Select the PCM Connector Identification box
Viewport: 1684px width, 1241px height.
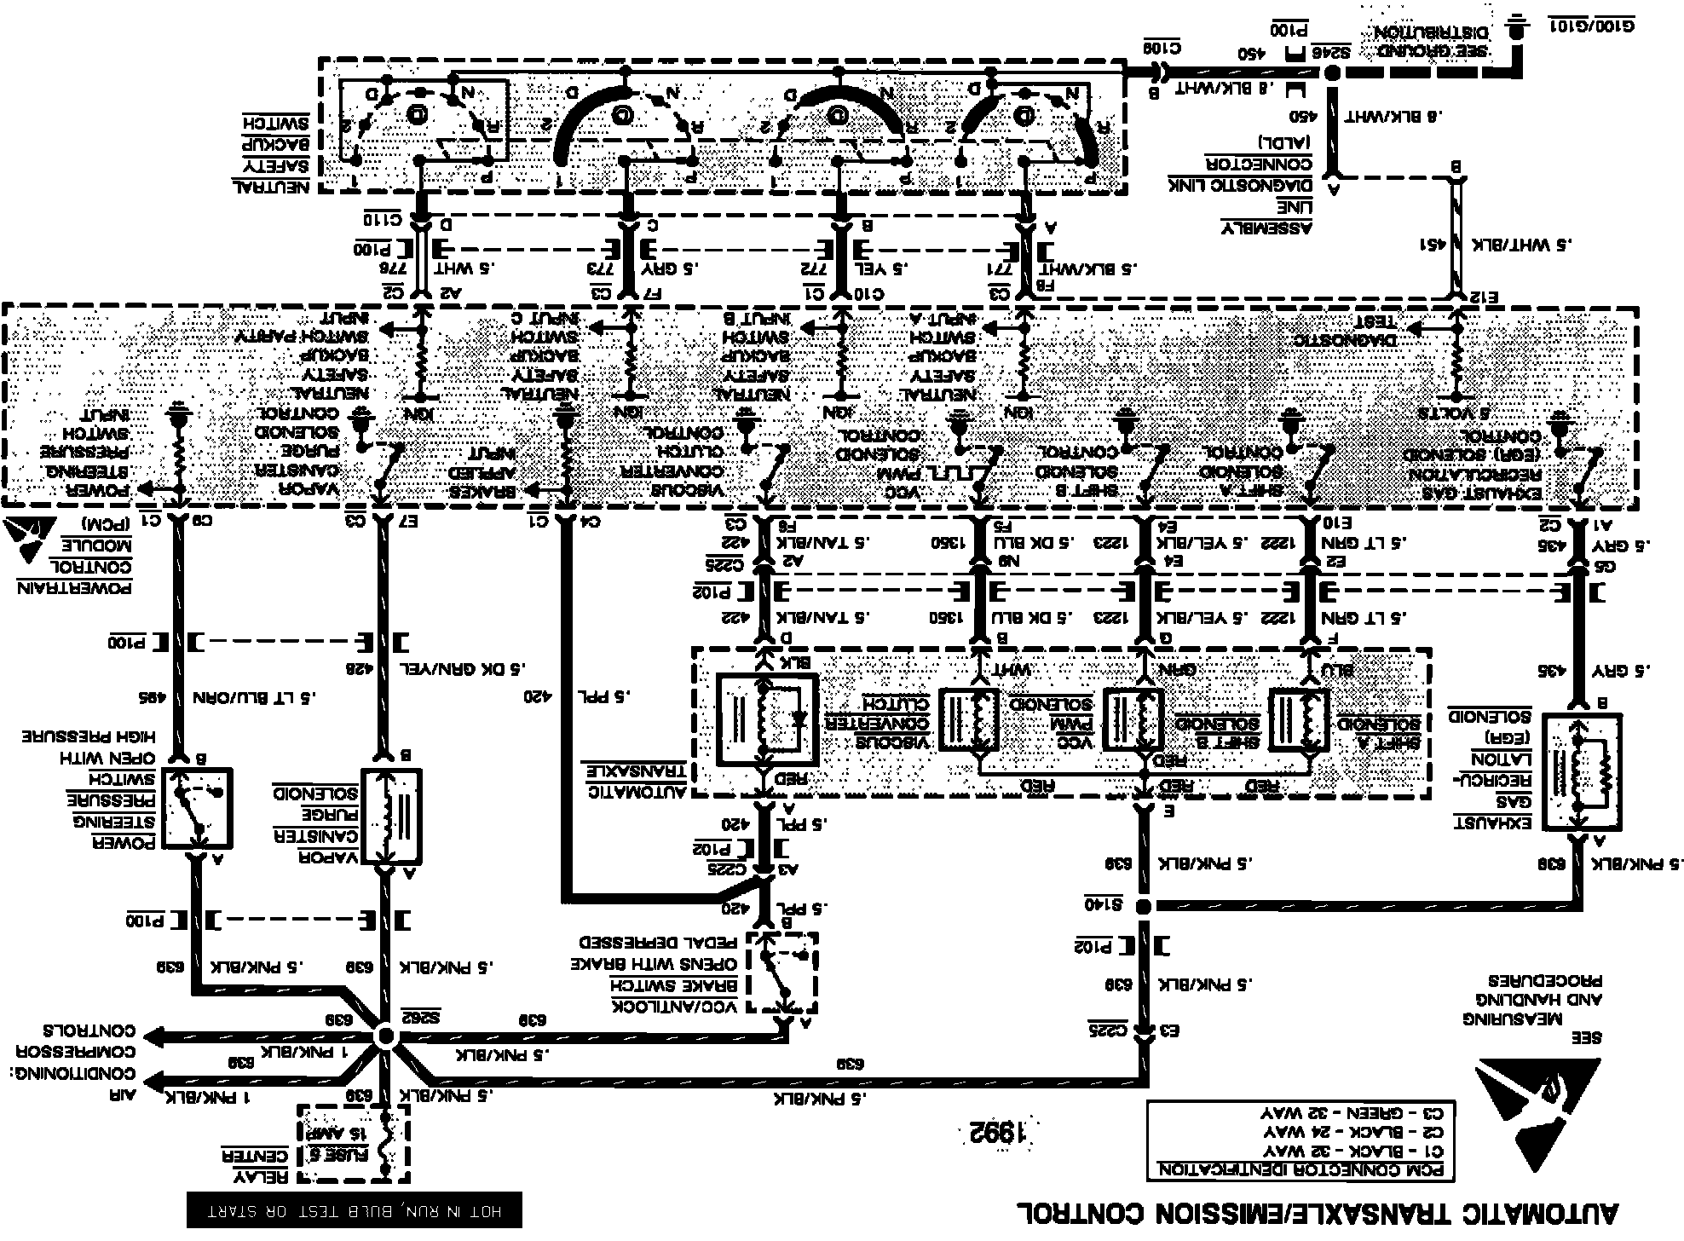1300,1140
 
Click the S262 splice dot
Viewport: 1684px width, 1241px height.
385,1036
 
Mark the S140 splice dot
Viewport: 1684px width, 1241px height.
1145,905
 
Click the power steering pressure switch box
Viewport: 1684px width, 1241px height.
198,808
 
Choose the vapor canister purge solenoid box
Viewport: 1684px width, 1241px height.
391,817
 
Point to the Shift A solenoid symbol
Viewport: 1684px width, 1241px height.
1300,720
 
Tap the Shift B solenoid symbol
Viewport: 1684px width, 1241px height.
1133,720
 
